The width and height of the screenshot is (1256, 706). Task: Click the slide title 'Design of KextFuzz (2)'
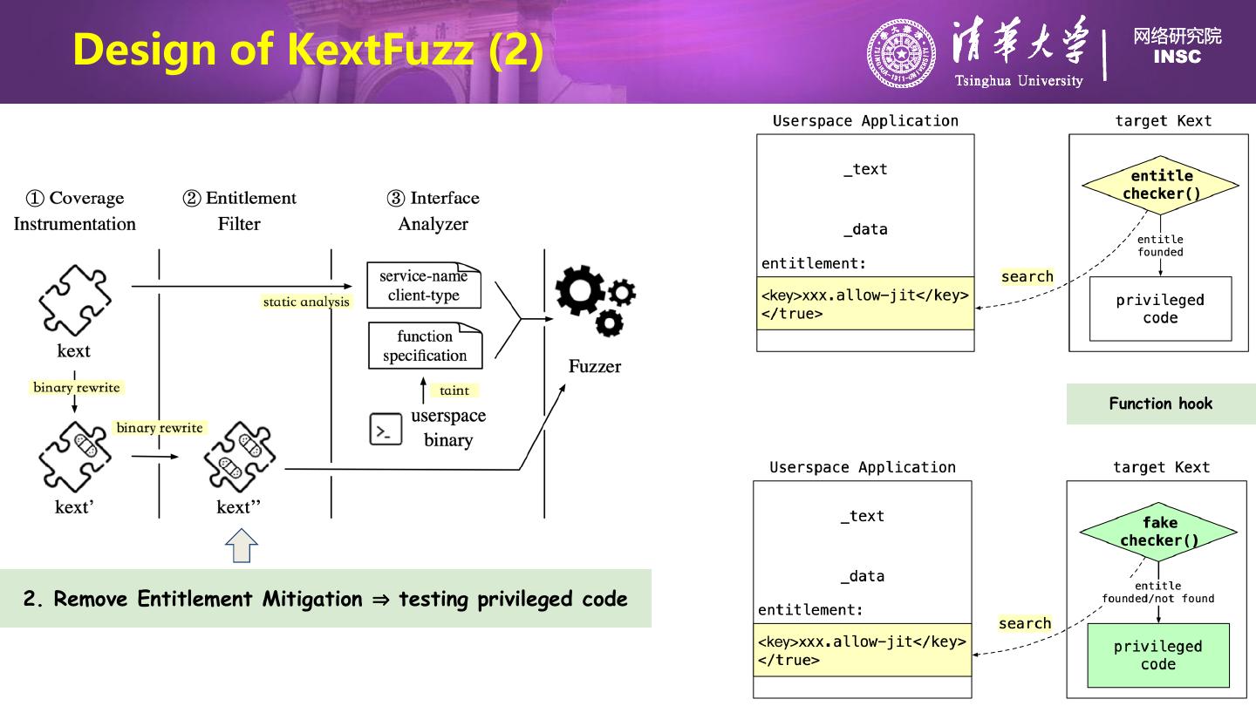(x=308, y=50)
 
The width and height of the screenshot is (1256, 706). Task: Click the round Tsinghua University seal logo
(x=900, y=54)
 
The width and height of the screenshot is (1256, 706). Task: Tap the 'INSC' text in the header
(x=1177, y=58)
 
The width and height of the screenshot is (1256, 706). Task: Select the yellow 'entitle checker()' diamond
(x=1160, y=185)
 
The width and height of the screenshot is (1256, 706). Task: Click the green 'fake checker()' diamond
(x=1158, y=532)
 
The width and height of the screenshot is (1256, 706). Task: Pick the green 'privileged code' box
(x=1157, y=655)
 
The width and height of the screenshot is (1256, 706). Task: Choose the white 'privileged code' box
(x=1160, y=309)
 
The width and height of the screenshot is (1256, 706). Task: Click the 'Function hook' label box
(x=1160, y=404)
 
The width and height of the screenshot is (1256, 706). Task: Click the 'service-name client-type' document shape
(x=424, y=285)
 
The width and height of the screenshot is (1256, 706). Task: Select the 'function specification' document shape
(x=425, y=345)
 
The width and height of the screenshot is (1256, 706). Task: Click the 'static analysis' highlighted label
(x=306, y=302)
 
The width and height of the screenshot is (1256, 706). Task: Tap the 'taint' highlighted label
(x=454, y=390)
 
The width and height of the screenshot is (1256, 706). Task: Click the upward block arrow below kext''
(x=242, y=547)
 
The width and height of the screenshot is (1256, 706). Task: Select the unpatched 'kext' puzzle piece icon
(x=74, y=301)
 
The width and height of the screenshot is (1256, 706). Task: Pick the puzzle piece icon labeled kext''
(x=239, y=457)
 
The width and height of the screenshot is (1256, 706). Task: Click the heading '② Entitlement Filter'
(x=240, y=210)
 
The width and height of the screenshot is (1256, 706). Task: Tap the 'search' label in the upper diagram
(x=1027, y=276)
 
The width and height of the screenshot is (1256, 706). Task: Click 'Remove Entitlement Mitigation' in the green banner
(x=208, y=599)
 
